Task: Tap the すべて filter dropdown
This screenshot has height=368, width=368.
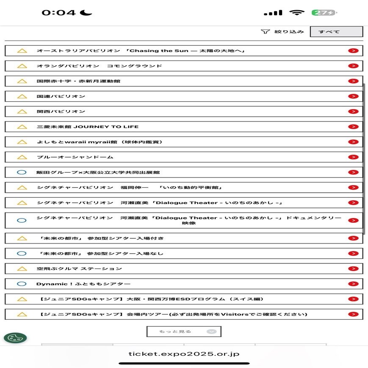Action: (x=336, y=32)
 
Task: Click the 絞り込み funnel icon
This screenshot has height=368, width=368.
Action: (x=265, y=31)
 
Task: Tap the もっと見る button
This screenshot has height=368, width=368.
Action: (x=184, y=332)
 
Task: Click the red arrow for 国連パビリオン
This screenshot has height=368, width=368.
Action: (x=353, y=97)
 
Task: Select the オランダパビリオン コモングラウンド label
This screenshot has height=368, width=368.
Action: (x=99, y=66)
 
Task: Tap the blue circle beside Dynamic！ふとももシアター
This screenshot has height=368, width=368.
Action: (x=22, y=284)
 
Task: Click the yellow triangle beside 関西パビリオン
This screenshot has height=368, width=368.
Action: (x=22, y=112)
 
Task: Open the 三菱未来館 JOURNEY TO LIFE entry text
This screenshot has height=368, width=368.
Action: (x=88, y=127)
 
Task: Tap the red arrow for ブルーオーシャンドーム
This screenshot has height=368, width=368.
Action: (x=353, y=157)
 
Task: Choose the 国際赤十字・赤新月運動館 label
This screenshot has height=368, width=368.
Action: (x=78, y=81)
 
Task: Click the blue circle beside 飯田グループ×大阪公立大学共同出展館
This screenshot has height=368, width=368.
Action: (x=22, y=173)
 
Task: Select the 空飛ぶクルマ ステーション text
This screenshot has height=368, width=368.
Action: (x=79, y=269)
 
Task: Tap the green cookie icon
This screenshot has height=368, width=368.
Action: (x=15, y=338)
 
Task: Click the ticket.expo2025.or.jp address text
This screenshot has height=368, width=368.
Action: (x=184, y=354)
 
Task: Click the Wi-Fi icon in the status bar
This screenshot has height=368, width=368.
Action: (x=297, y=13)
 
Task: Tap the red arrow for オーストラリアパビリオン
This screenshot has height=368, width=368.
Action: (x=353, y=51)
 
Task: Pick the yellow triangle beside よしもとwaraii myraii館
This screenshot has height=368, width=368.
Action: (x=22, y=142)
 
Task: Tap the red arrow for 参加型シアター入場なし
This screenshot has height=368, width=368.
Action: (x=353, y=254)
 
